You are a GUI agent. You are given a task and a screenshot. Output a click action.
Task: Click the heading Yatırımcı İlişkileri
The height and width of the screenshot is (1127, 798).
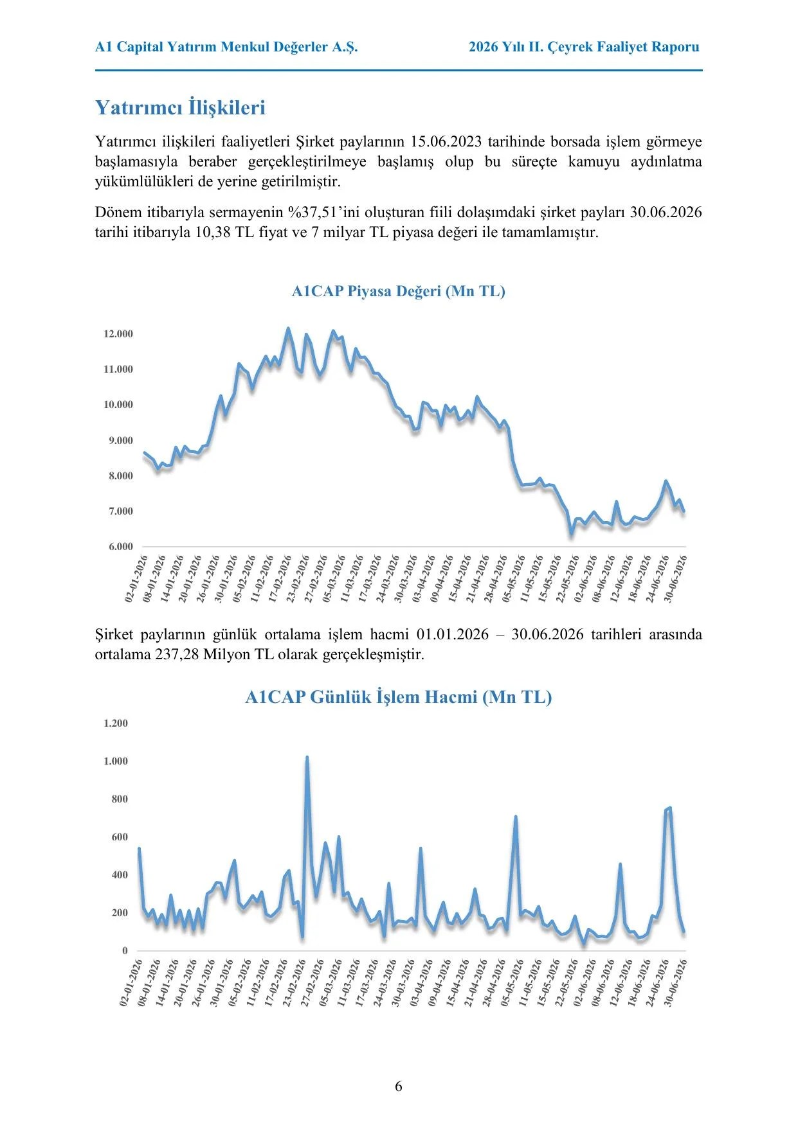(180, 107)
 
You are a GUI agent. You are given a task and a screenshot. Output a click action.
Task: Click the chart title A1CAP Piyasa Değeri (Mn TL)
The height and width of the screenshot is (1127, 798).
(399, 291)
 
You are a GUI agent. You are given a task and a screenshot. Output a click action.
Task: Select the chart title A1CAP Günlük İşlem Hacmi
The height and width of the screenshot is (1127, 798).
(361, 697)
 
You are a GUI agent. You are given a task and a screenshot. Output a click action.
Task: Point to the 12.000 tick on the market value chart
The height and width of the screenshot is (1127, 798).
(118, 333)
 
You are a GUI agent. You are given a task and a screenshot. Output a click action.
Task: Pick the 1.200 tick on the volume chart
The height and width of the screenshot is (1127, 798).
(116, 723)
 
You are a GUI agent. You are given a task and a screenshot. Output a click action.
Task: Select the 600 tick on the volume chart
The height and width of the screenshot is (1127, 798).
(120, 837)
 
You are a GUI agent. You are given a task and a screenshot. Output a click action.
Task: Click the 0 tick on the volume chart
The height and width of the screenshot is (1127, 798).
(125, 950)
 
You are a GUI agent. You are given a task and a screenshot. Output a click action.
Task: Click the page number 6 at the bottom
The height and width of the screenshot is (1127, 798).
(399, 1086)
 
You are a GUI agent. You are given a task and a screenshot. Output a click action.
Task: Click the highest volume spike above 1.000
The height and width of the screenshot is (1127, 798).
(307, 758)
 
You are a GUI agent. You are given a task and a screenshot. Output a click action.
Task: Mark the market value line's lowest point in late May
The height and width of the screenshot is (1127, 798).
(570, 533)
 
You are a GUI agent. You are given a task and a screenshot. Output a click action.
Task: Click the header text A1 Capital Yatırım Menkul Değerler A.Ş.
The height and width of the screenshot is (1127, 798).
(226, 47)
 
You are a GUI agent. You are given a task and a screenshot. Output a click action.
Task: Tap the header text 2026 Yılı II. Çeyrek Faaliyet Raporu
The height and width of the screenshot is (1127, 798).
(584, 47)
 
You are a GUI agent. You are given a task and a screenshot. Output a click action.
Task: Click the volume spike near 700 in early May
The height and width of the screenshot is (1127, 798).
(516, 817)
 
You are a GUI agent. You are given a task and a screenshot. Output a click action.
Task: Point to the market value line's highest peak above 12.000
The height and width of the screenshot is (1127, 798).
(287, 329)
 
